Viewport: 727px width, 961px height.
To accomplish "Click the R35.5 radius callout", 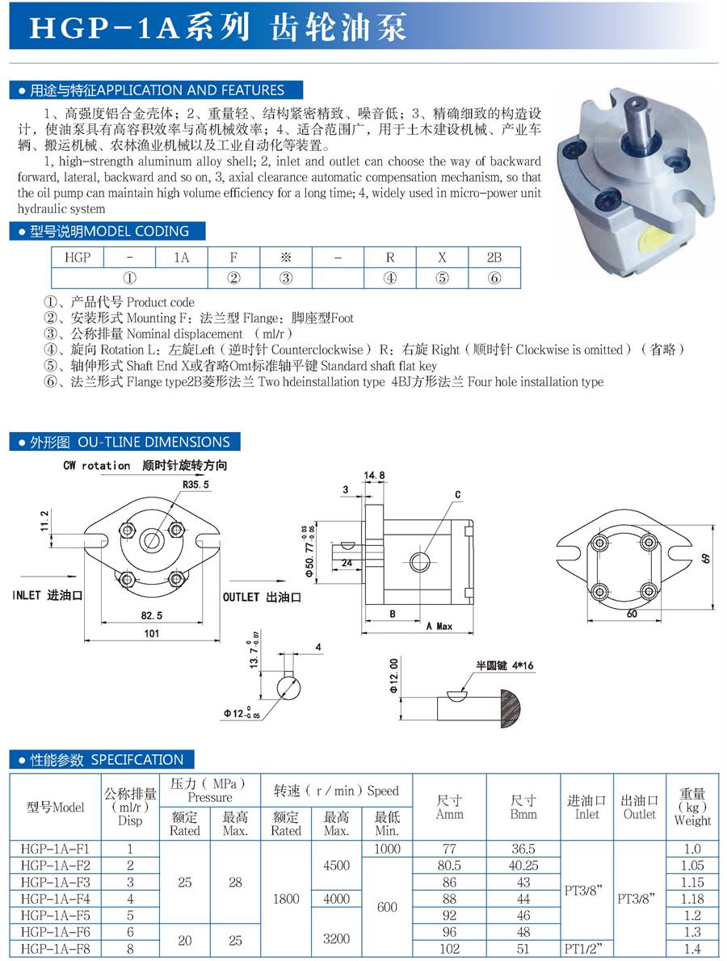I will (x=195, y=485).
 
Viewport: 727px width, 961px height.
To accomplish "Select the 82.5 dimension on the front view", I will (x=152, y=615).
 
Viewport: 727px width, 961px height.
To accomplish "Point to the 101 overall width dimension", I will (x=152, y=634).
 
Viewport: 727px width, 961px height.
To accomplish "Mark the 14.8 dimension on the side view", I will (x=374, y=476).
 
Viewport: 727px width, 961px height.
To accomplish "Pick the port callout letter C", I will (x=457, y=494).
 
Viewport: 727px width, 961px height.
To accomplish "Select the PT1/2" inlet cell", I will (x=586, y=948).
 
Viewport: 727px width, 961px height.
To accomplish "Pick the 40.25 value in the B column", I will (x=523, y=865).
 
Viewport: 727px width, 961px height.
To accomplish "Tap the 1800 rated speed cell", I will (x=285, y=898).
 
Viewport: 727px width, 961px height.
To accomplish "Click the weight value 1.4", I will (x=692, y=948).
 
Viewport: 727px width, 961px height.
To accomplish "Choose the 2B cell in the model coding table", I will (x=494, y=258).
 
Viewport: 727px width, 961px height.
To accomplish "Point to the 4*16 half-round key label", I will (x=504, y=666).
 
